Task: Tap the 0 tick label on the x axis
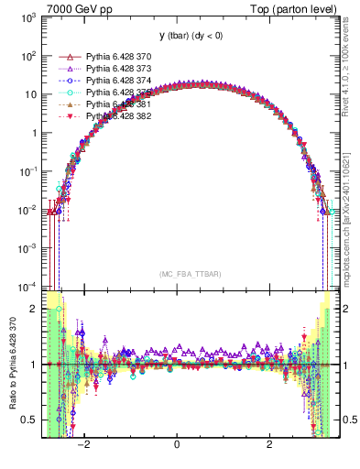(x=177, y=445)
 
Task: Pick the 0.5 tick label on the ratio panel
(x=30, y=420)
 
